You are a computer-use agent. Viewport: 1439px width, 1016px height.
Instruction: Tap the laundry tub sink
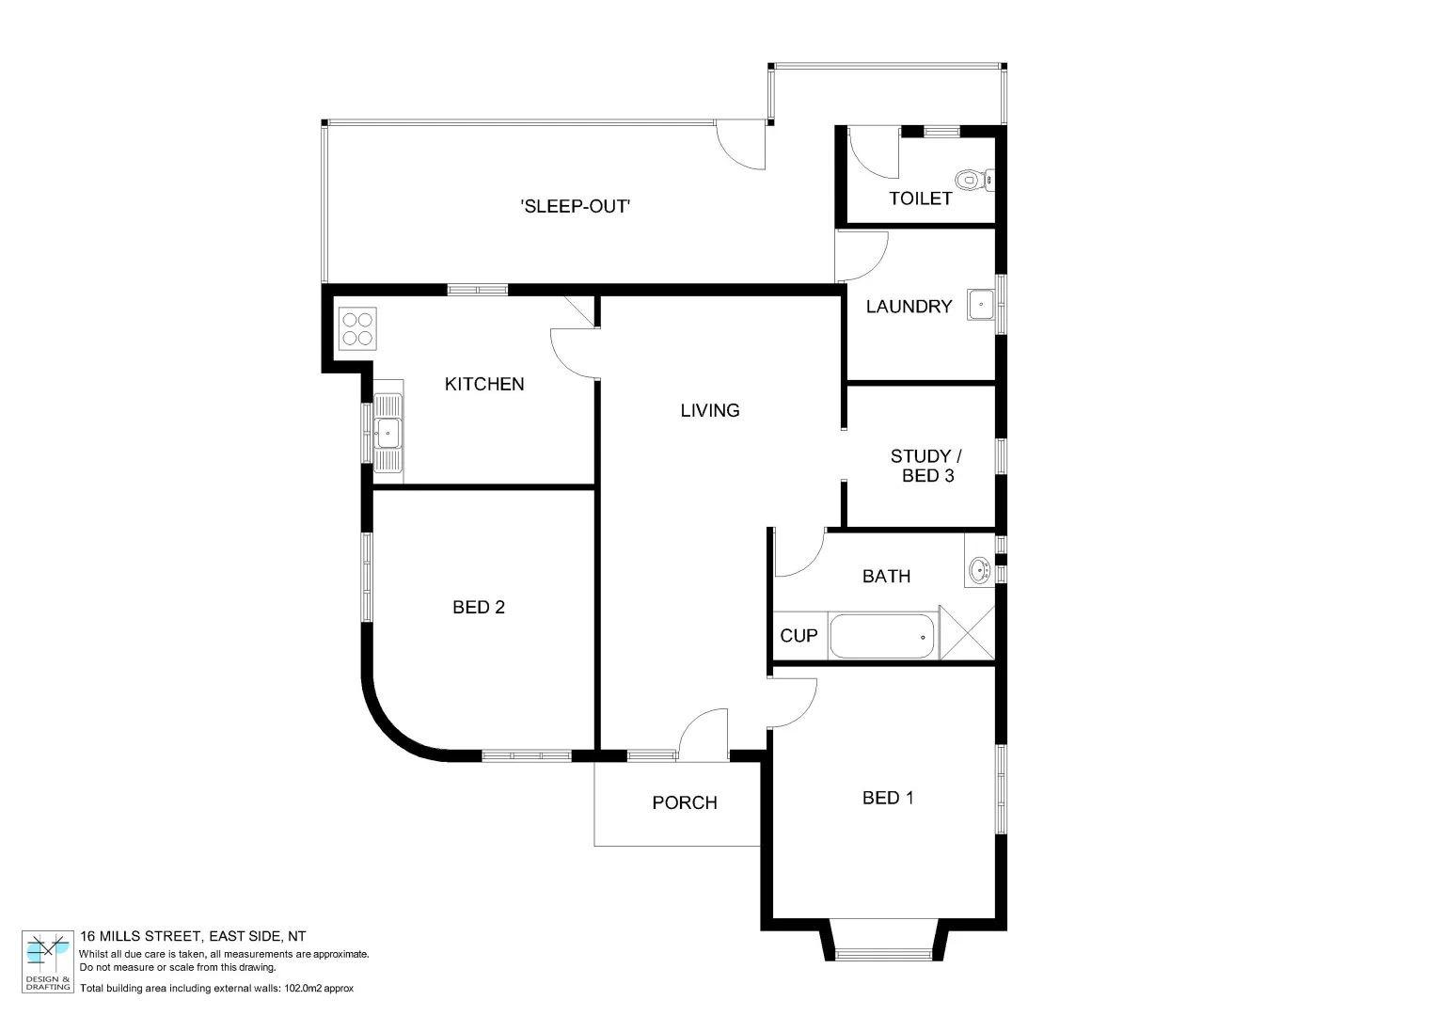tap(982, 305)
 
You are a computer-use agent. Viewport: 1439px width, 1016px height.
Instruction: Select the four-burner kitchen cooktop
tap(357, 328)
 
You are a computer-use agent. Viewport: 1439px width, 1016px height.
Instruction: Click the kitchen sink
tap(387, 434)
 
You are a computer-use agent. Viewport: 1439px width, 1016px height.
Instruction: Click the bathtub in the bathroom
tap(883, 637)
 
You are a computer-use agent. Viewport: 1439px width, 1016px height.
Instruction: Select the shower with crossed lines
tap(967, 633)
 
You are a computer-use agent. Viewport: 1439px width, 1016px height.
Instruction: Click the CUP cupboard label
tap(799, 636)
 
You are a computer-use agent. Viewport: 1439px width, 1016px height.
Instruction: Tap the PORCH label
tap(685, 802)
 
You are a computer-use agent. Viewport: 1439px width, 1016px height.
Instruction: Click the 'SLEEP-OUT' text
tap(575, 206)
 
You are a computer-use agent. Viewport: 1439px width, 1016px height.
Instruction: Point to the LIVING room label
tap(710, 410)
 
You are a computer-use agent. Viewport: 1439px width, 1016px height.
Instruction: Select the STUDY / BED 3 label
tap(926, 466)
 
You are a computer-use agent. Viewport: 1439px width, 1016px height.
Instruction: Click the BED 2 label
tap(479, 608)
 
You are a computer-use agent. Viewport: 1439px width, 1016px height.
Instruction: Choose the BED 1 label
tap(888, 798)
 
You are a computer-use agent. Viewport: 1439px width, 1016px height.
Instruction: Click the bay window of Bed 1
tap(883, 952)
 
